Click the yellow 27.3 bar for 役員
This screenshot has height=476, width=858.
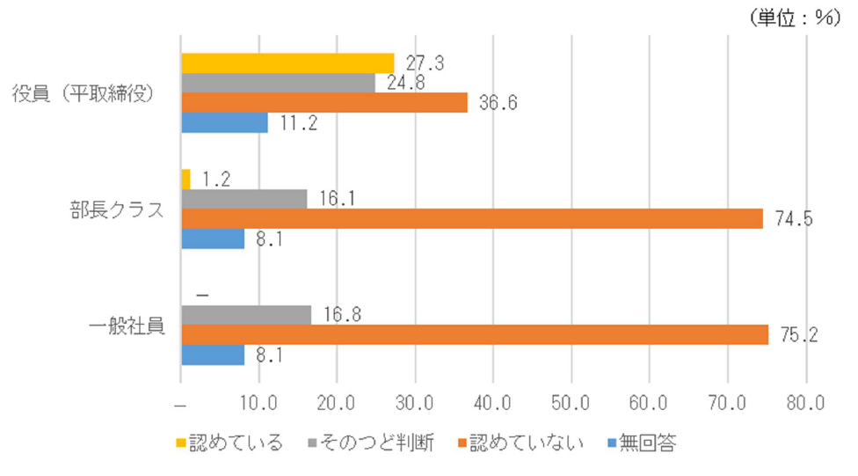[287, 62]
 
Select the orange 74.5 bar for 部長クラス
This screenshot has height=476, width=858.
[471, 218]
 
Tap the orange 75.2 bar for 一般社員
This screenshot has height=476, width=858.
[475, 334]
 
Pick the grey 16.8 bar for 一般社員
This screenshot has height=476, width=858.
[246, 314]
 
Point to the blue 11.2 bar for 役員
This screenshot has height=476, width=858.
[224, 122]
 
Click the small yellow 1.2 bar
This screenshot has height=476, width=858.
[185, 179]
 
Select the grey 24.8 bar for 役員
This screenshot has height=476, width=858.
[278, 83]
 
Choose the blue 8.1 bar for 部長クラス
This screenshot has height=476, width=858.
[213, 238]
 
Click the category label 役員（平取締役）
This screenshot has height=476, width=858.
[84, 92]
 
